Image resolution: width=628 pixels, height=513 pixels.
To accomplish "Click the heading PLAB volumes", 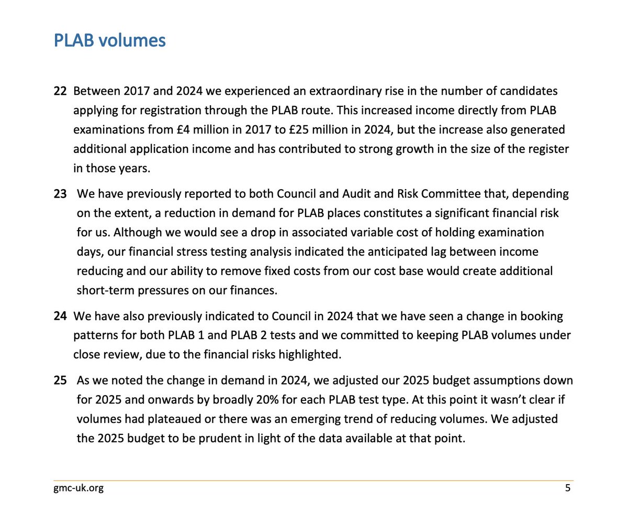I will point(110,41).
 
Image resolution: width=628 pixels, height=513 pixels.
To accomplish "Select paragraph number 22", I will point(60,91).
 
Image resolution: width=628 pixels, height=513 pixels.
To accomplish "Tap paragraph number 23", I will point(60,194).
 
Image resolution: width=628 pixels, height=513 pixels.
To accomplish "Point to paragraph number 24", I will point(60,317).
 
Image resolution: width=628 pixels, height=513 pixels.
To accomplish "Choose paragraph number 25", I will point(60,380).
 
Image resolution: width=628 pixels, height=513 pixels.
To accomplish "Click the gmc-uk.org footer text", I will point(78,488).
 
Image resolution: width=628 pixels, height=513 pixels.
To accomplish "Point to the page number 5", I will point(568,488).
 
